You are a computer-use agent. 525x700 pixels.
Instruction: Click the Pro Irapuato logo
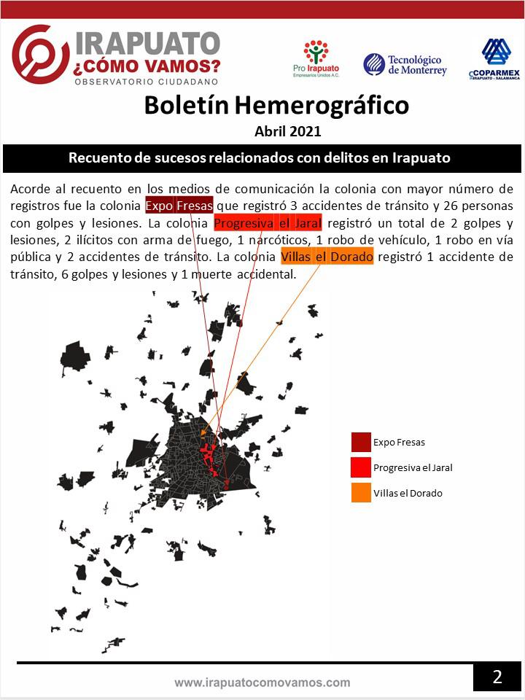click(316, 58)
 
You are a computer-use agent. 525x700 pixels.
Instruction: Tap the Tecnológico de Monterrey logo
click(405, 65)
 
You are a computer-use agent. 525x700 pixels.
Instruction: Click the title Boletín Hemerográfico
click(276, 105)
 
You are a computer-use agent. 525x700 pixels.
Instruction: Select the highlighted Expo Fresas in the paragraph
click(179, 204)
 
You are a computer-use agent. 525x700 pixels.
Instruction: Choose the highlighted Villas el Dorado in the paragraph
click(327, 257)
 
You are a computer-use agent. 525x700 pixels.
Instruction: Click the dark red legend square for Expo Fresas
click(361, 442)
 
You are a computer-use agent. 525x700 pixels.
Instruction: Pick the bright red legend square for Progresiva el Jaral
click(361, 467)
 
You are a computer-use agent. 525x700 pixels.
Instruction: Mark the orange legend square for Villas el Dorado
click(361, 493)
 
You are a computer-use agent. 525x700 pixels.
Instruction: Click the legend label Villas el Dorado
click(408, 494)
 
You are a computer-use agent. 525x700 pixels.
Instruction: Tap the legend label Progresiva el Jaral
click(413, 468)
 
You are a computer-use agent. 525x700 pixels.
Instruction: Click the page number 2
click(497, 677)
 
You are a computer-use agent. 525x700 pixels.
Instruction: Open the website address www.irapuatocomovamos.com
click(262, 683)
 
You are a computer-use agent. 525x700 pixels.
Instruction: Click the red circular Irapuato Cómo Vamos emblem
click(41, 55)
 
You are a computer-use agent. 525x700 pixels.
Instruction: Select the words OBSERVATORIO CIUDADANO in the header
click(147, 82)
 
